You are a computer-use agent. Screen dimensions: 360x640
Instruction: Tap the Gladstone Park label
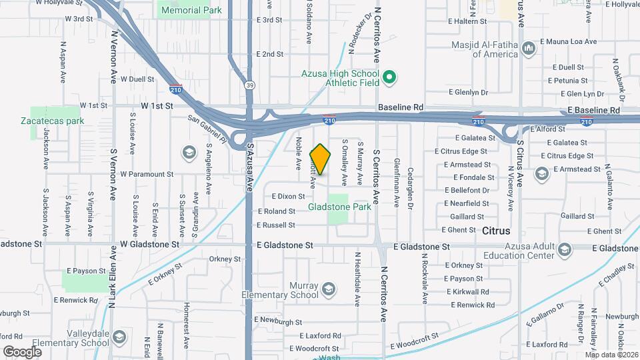pyautogui.click(x=339, y=207)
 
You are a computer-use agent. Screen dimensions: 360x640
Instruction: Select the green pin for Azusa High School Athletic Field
pyautogui.click(x=391, y=78)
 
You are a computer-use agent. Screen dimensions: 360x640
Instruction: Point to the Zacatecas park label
pyautogui.click(x=52, y=121)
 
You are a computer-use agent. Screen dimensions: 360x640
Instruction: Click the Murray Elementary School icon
pyautogui.click(x=328, y=289)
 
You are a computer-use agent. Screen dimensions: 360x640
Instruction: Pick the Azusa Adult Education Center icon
pyautogui.click(x=565, y=250)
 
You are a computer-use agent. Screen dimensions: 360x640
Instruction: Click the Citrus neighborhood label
pyautogui.click(x=495, y=231)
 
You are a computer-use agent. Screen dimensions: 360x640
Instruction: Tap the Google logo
pyautogui.click(x=23, y=351)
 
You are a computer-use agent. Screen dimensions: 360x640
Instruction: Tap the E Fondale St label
pyautogui.click(x=473, y=178)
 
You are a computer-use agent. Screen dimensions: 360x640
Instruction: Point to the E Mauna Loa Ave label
pyautogui.click(x=568, y=41)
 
